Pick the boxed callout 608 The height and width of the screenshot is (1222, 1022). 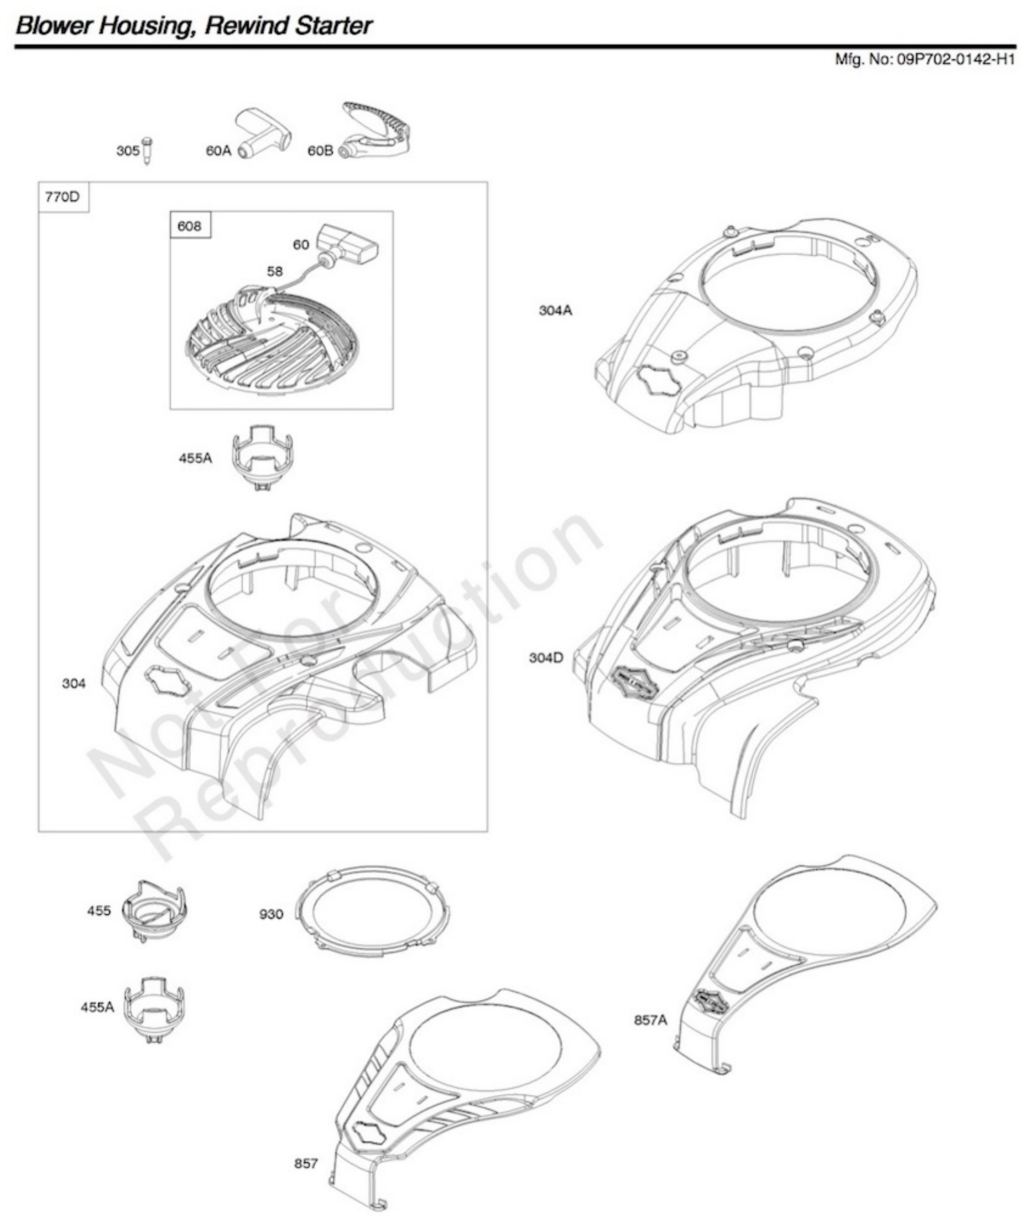coord(190,226)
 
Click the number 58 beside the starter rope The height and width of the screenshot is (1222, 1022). coord(275,271)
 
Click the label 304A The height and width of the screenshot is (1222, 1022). coord(555,311)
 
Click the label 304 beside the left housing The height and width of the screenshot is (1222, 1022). coord(74,683)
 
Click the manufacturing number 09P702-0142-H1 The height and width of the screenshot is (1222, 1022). coord(955,59)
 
